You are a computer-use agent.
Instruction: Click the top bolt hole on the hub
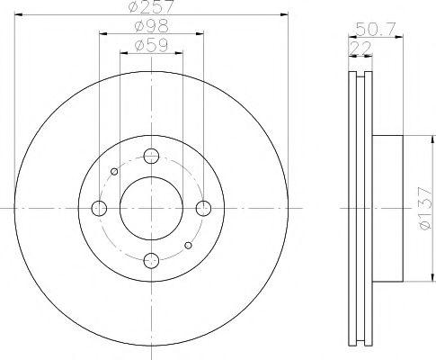152,155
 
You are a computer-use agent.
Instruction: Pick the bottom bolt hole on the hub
152,261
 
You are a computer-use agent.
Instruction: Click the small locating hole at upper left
114,171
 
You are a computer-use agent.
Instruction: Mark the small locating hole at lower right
188,245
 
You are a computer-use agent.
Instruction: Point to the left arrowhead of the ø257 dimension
20,15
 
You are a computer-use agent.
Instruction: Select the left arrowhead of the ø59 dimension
124,53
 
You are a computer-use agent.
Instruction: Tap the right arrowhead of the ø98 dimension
200,34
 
